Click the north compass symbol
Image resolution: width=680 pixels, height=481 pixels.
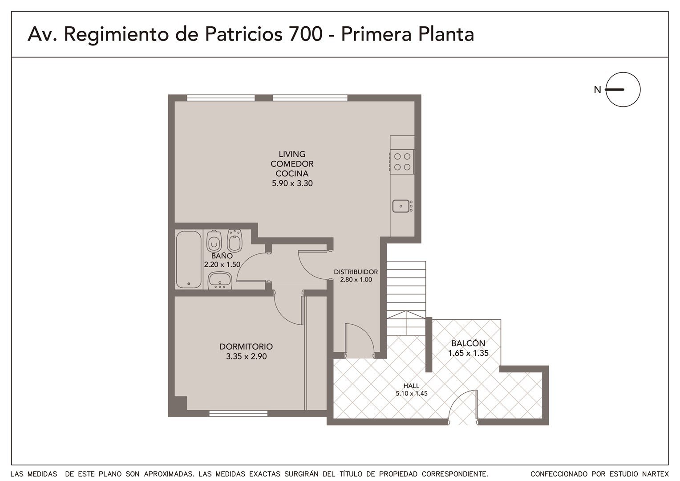pos(623,90)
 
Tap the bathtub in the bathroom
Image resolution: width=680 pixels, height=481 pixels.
pos(189,260)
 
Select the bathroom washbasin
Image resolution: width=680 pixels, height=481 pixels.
pos(220,281)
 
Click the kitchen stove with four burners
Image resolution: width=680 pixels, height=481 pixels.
pos(402,162)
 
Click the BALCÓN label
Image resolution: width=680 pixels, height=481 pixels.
pos(468,343)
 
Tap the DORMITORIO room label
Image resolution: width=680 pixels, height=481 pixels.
pos(246,346)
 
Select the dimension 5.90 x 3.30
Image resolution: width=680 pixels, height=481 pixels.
pos(292,183)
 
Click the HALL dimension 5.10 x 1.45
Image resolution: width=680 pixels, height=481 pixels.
pos(411,394)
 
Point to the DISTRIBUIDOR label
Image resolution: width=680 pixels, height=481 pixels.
pos(356,272)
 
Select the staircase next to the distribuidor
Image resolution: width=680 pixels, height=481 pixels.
pos(406,298)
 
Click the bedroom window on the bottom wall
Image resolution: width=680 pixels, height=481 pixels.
pos(238,413)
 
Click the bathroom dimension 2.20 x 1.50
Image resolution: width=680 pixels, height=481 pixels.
pos(222,265)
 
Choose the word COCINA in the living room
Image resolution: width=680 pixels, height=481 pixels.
pos(292,174)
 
